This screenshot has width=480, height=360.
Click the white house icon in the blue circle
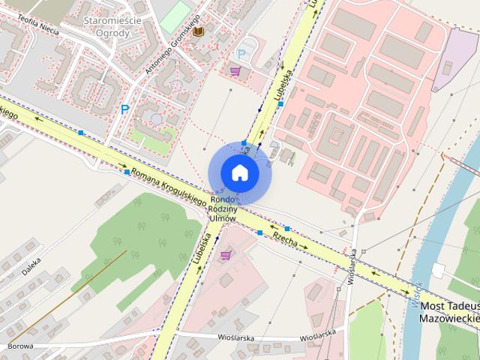[x=239, y=172]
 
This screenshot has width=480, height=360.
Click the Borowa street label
[x=21, y=346]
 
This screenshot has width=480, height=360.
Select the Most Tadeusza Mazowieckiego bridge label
[x=450, y=311]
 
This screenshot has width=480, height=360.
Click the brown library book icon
[x=198, y=31]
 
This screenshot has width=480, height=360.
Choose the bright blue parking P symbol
[x=124, y=109]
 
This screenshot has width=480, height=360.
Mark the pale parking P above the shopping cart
[x=241, y=54]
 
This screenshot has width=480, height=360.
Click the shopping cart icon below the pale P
[x=235, y=71]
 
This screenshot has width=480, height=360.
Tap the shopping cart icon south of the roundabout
[x=226, y=255]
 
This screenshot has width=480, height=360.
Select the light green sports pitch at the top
[x=175, y=14]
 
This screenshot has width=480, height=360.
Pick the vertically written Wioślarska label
[x=351, y=262]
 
